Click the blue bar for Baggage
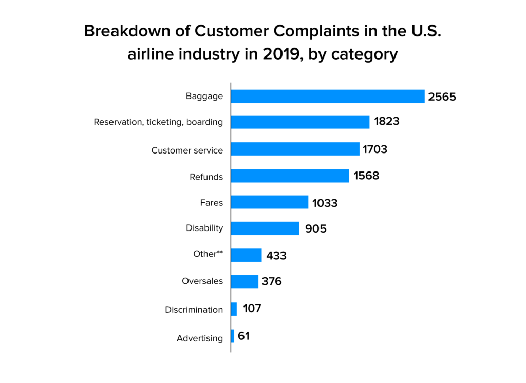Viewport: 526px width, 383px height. (328, 97)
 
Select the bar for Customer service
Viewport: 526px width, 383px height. (295, 149)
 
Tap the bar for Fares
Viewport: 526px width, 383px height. (269, 202)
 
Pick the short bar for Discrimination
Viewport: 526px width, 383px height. (234, 309)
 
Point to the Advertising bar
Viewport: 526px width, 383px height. (233, 336)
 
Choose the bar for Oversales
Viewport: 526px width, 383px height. (245, 281)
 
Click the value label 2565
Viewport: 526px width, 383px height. (442, 97)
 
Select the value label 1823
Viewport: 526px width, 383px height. (387, 122)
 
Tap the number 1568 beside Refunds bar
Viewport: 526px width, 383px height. (366, 176)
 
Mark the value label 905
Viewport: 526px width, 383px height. (315, 229)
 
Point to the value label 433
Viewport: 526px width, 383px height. (276, 256)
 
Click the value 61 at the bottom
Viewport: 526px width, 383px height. (244, 336)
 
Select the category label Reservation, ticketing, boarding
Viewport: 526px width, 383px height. (158, 122)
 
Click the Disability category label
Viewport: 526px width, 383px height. (204, 228)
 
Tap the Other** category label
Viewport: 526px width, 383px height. (208, 254)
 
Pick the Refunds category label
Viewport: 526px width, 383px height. (206, 177)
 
